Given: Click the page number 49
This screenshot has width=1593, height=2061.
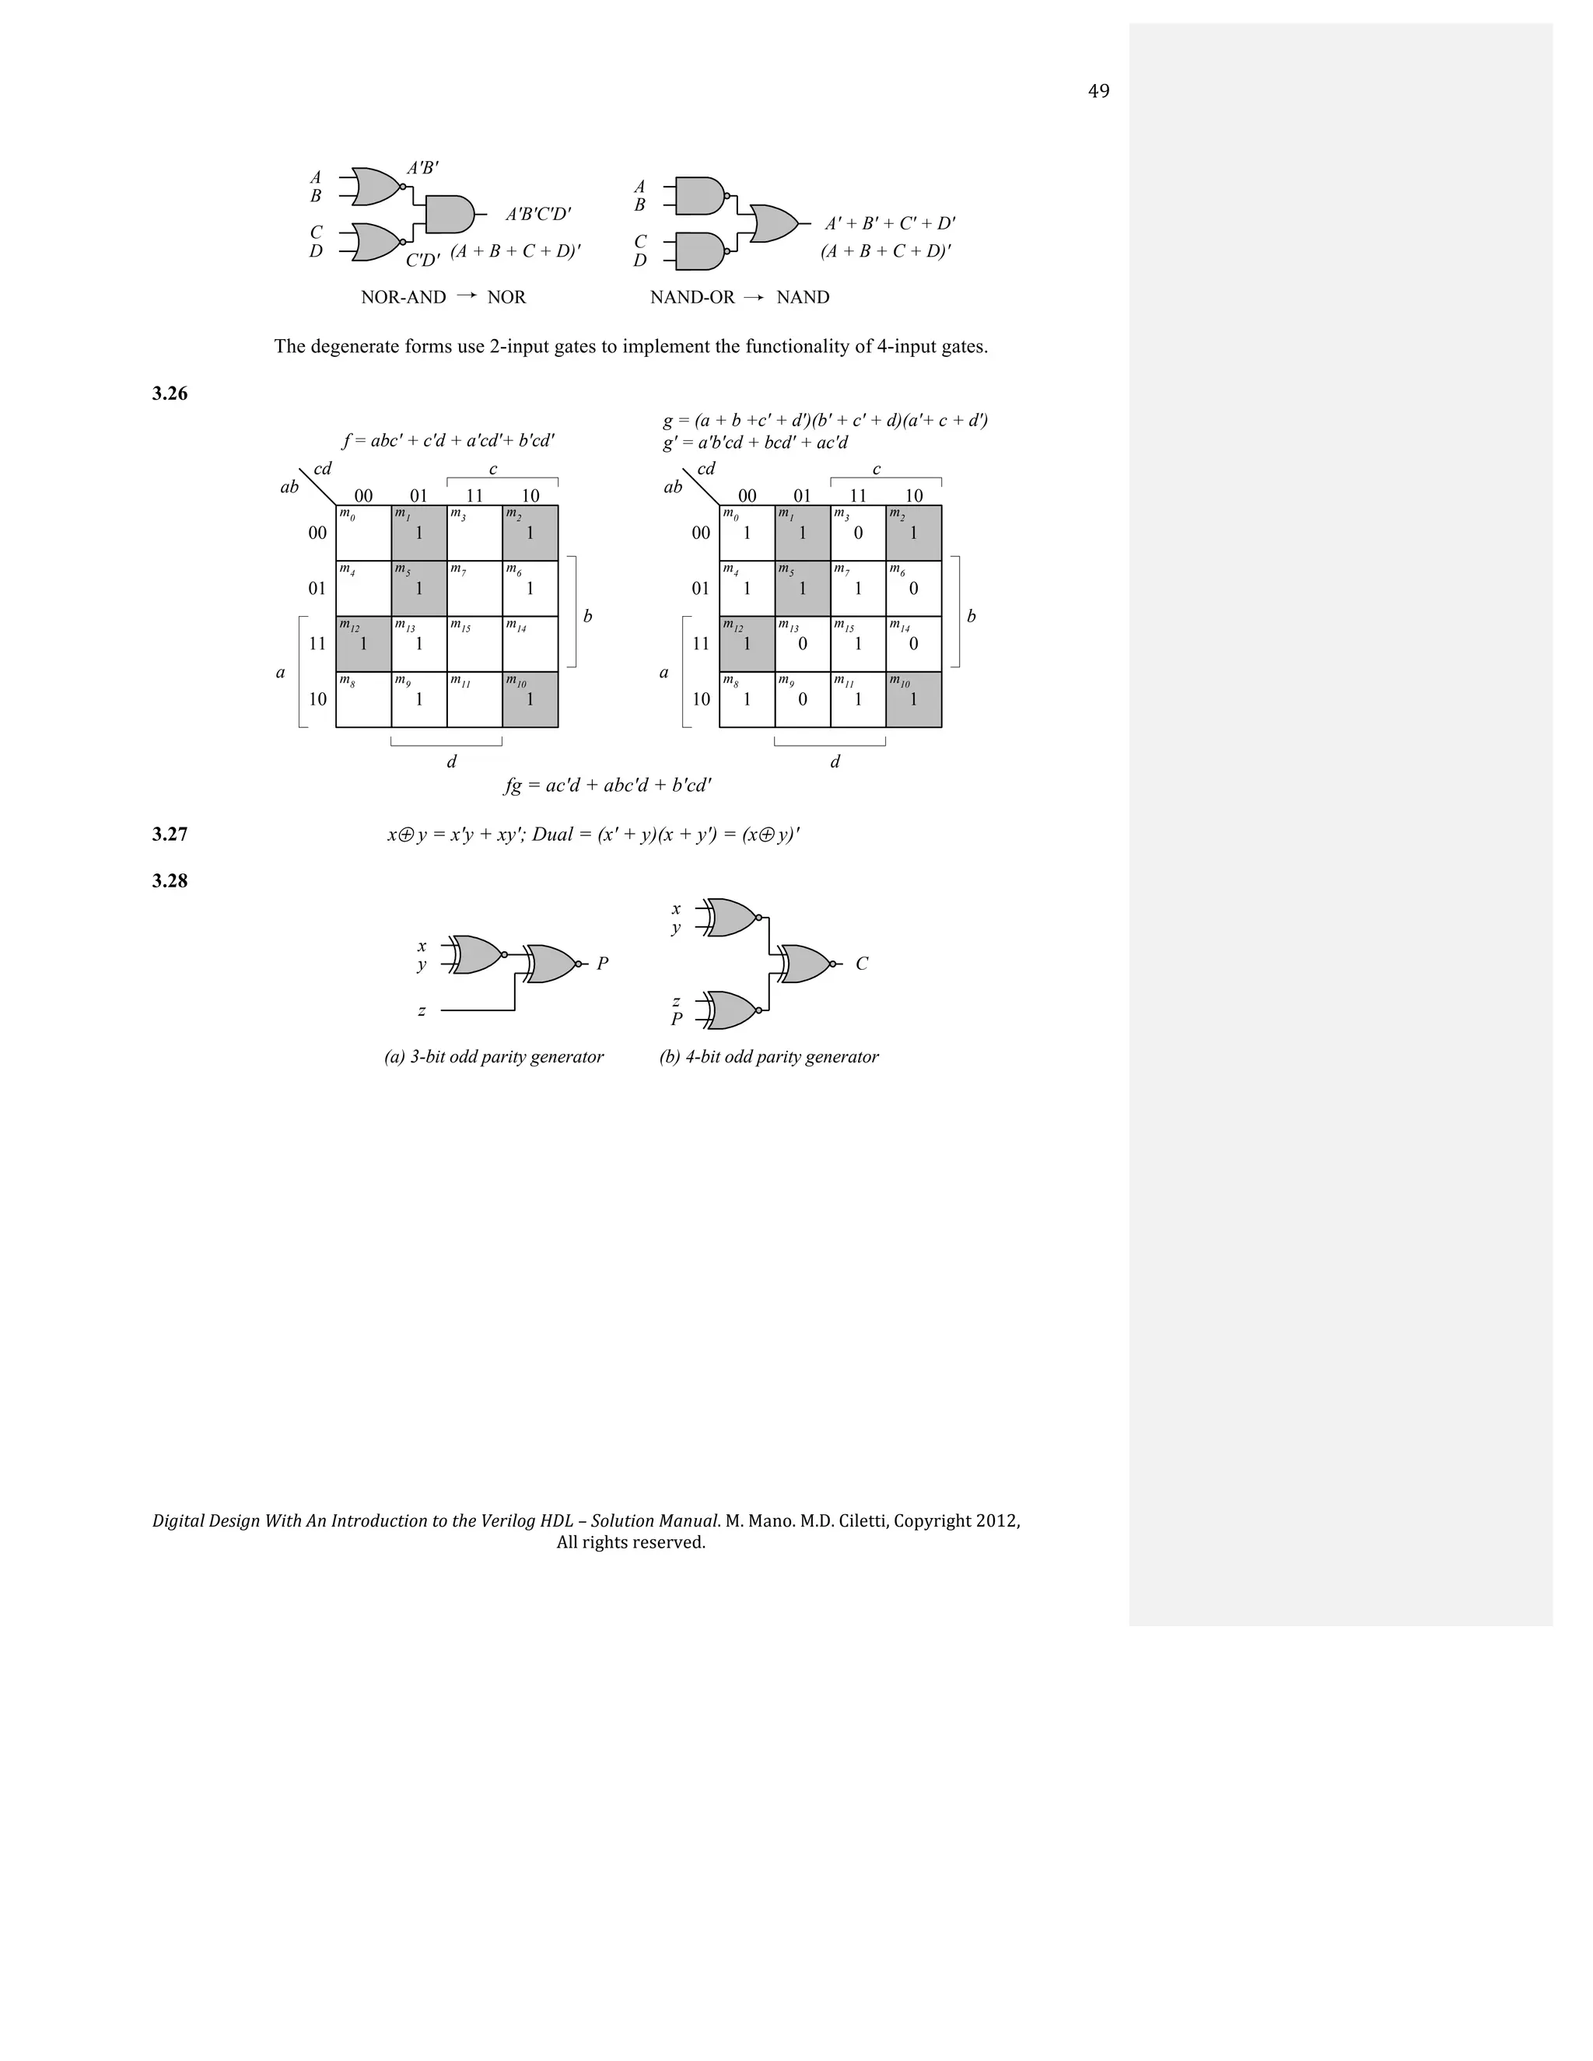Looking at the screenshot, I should (x=1098, y=92).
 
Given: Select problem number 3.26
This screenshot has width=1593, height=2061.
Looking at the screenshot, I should (x=170, y=394).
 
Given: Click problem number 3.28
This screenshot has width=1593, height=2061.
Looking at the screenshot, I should (x=170, y=881).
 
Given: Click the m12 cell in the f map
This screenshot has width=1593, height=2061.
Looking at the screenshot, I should (x=363, y=644).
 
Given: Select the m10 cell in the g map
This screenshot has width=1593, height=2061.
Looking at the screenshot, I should (x=913, y=699).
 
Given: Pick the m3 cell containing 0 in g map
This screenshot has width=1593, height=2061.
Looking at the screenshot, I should (x=858, y=534).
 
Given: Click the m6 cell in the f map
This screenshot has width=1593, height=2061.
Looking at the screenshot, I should (x=530, y=588).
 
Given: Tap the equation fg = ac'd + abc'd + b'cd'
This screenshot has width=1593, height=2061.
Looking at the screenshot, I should (x=607, y=786).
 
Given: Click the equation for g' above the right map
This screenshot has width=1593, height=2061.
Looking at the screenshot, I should (x=755, y=443).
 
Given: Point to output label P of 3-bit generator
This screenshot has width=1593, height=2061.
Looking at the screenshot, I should (x=602, y=964).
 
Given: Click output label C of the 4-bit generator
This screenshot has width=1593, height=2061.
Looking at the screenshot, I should (x=862, y=964).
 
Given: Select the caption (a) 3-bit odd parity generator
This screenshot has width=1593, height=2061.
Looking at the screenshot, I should (x=494, y=1057).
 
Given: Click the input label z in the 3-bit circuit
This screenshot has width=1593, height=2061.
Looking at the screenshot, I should (x=422, y=1011).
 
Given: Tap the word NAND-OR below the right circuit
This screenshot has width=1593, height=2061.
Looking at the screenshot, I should (x=691, y=297).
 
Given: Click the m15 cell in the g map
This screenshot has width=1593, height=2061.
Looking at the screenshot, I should (x=858, y=644).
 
